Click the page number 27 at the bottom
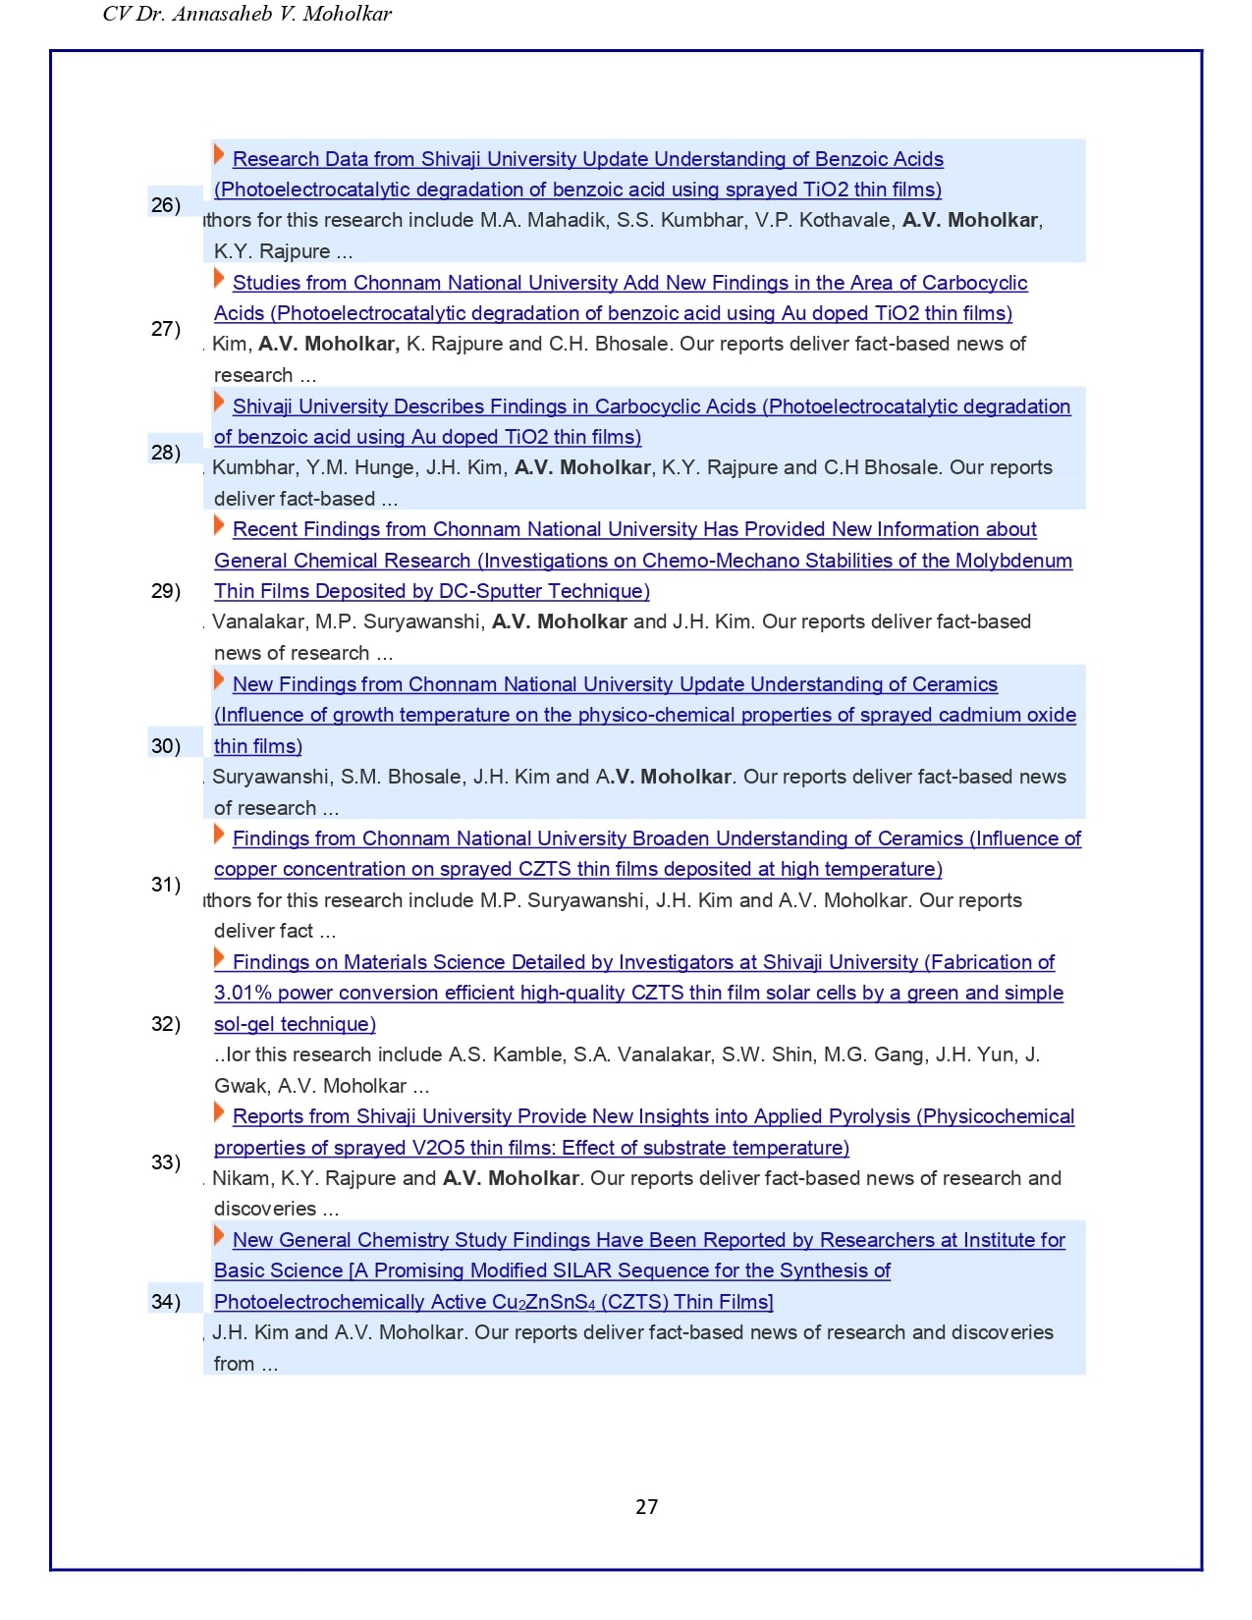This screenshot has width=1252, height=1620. tap(646, 1506)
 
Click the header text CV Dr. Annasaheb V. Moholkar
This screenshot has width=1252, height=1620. tap(246, 14)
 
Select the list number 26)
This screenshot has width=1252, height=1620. tap(165, 204)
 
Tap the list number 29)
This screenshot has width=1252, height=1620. tap(165, 590)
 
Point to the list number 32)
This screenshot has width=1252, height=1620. tap(165, 1023)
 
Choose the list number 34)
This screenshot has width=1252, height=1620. tap(165, 1301)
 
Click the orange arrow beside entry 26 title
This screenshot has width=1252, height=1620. tap(219, 154)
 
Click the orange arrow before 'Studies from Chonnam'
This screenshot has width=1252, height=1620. tap(219, 278)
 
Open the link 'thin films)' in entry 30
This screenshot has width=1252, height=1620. tap(258, 746)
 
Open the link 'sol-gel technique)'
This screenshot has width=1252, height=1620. tap(295, 1024)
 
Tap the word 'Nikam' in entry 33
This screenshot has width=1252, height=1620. tap(241, 1178)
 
